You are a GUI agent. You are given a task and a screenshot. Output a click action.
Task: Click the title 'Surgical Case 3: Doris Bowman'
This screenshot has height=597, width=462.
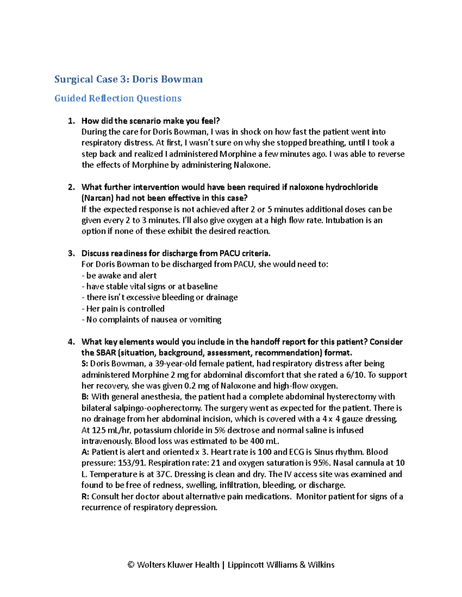128,79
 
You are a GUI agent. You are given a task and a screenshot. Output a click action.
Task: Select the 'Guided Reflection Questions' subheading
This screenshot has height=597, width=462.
117,98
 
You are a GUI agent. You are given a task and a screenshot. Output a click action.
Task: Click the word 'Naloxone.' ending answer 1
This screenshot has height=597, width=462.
252,165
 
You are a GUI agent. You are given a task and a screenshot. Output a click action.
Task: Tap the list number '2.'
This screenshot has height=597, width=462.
71,187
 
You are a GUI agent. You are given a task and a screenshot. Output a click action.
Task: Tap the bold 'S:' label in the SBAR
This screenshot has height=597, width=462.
85,364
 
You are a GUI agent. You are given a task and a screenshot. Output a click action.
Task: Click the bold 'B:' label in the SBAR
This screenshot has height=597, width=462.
85,397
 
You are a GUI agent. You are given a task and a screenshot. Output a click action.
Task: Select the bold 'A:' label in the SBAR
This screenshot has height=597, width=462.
85,452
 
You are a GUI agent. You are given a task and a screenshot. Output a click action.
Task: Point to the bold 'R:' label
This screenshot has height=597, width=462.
85,497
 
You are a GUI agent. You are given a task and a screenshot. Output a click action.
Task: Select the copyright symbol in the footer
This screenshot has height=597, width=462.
131,565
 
